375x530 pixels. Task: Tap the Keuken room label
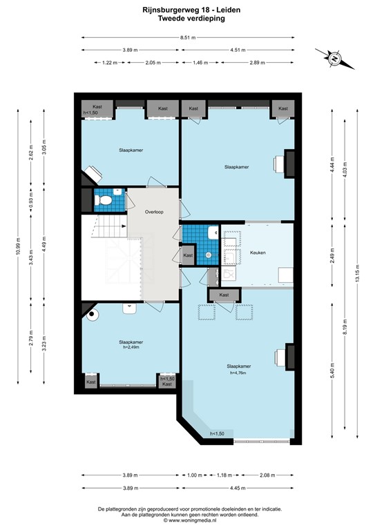pos(258,253)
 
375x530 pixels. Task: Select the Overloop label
pos(153,213)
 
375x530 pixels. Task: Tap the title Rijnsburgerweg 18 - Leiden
pos(187,10)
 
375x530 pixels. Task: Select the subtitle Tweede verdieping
pos(187,19)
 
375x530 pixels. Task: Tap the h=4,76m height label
pos(238,373)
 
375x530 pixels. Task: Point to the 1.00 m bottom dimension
pos(195,475)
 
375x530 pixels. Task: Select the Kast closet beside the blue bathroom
pos(188,255)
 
